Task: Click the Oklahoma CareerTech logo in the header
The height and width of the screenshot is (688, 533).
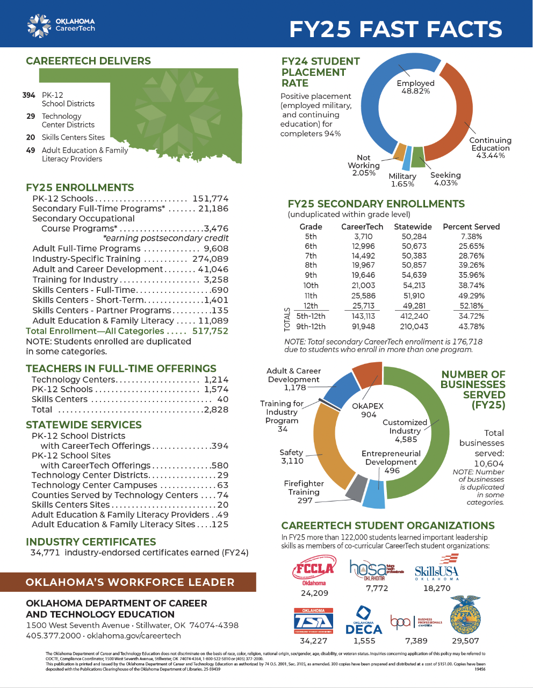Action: coord(61,25)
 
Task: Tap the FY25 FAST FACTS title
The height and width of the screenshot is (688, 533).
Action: coord(395,30)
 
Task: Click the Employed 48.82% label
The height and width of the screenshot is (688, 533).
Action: coord(415,87)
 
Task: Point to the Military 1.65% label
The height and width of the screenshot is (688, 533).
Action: coord(402,180)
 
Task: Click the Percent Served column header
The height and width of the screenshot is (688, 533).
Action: coord(471,227)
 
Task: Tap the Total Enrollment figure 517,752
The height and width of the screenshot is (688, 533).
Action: coord(210,331)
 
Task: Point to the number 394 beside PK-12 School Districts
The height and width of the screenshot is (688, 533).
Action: coord(29,95)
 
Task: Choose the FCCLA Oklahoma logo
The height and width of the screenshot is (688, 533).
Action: coord(314,570)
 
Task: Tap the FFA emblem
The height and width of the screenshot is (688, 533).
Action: coord(465,615)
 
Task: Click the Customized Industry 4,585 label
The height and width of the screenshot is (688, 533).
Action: coord(406,431)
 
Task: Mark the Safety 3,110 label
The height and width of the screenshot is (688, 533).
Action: coord(292,457)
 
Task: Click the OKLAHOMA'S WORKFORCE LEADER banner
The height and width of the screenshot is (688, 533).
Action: coord(129,582)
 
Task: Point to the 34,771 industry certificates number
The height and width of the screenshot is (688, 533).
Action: coord(45,553)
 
